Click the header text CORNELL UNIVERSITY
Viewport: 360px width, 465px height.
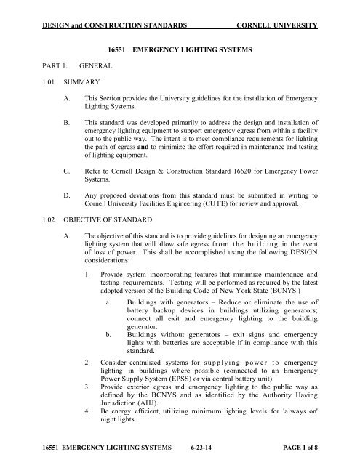pyautogui.click(x=275, y=26)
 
